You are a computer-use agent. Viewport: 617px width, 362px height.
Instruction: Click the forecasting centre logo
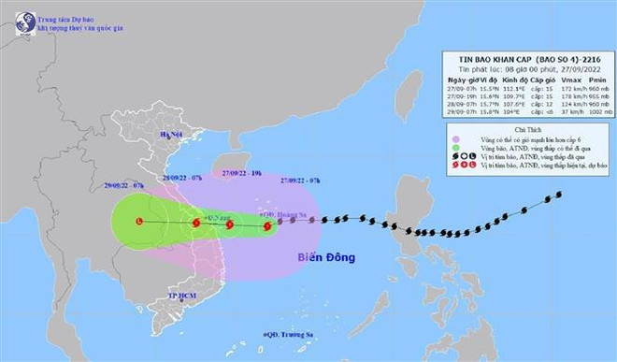point(20,22)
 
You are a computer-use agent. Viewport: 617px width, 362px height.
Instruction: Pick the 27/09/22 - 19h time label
point(243,174)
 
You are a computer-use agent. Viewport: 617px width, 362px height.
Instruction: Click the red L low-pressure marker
point(139,222)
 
